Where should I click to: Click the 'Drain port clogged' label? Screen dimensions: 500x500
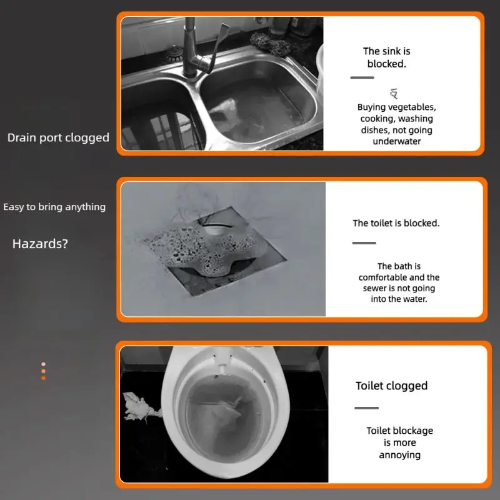[x=58, y=137]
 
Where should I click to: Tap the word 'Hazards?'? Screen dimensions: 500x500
[x=40, y=244]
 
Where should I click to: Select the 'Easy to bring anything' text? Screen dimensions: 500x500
[x=54, y=207]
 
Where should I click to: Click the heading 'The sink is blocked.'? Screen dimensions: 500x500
[x=386, y=57]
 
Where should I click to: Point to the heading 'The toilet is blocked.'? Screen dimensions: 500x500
[x=396, y=223]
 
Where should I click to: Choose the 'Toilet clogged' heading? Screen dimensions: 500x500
[x=392, y=386]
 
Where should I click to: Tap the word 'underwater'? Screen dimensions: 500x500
[x=397, y=141]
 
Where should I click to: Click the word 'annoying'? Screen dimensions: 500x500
[x=400, y=455]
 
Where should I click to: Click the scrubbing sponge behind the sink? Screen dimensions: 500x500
[x=271, y=44]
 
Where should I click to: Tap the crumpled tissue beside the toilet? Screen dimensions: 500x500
[x=140, y=407]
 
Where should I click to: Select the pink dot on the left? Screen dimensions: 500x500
[x=43, y=364]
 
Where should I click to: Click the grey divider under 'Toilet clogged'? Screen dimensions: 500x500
[x=366, y=408]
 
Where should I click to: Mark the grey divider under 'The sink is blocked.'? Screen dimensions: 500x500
[x=362, y=77]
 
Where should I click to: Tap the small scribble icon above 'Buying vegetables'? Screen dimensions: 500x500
[x=394, y=93]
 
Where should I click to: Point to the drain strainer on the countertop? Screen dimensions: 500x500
[x=174, y=54]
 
